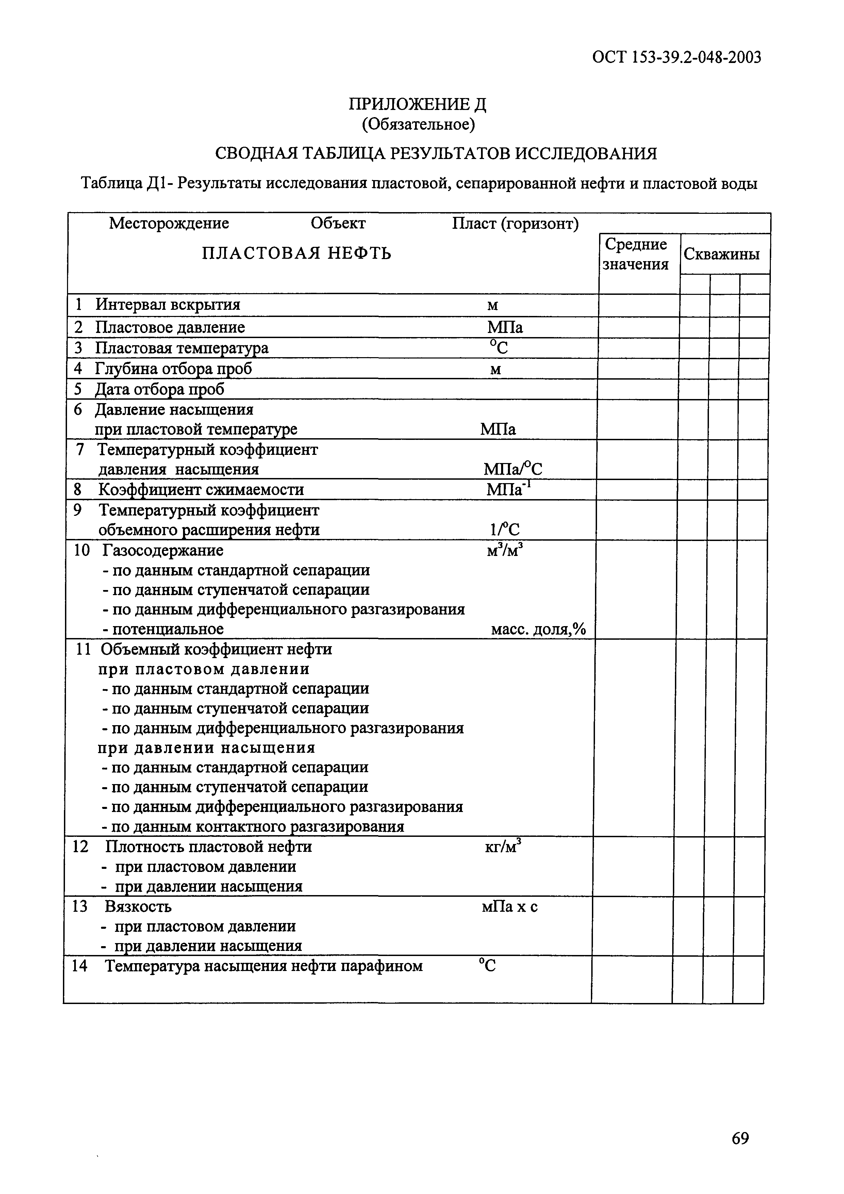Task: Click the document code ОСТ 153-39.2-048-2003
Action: tap(676, 57)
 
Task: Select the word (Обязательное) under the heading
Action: tap(418, 124)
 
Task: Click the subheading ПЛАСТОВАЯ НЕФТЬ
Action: tap(296, 253)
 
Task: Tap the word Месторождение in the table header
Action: tap(169, 223)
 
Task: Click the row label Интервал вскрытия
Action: tap(167, 304)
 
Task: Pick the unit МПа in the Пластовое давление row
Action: tap(504, 327)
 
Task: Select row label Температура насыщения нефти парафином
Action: tap(264, 966)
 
